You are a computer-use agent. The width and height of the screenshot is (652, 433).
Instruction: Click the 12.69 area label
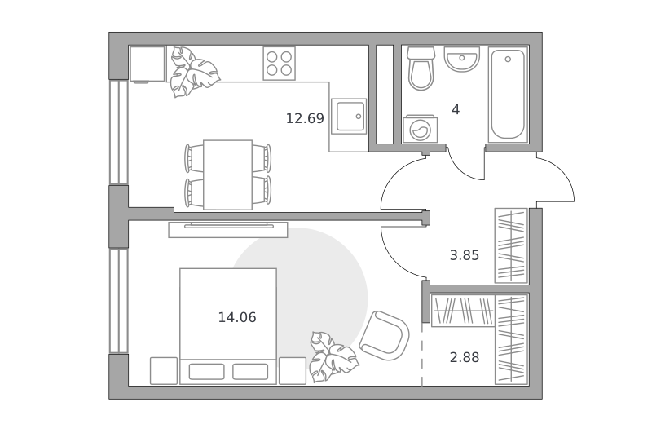(x=305, y=118)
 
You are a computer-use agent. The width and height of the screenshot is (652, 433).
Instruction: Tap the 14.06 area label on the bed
(x=237, y=317)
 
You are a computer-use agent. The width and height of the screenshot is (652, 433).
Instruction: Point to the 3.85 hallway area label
(x=465, y=255)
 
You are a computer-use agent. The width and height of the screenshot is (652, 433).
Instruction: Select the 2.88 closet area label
(x=465, y=357)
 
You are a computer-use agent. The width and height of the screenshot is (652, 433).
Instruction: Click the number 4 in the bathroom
(x=456, y=110)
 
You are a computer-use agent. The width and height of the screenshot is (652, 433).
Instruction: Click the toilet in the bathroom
(x=421, y=68)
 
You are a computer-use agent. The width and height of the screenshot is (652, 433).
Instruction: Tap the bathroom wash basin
(x=461, y=59)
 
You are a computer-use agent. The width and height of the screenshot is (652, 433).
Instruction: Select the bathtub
(x=508, y=95)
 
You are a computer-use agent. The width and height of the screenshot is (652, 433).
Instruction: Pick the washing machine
(x=420, y=130)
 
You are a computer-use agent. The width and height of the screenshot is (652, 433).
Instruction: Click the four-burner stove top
(x=279, y=64)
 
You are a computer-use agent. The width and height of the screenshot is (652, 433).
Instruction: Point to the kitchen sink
(x=349, y=117)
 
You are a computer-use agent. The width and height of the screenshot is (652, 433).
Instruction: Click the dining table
(x=228, y=175)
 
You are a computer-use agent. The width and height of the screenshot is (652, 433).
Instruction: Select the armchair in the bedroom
(x=384, y=335)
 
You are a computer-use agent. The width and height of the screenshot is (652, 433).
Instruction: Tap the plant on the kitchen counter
(x=193, y=72)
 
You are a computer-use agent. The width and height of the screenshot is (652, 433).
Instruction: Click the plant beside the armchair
(x=333, y=357)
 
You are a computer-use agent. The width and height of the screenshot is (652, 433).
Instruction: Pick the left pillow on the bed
(x=207, y=372)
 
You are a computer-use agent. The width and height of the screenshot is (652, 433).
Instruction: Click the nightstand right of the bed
(x=293, y=370)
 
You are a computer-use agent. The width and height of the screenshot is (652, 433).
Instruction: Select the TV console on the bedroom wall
(x=228, y=230)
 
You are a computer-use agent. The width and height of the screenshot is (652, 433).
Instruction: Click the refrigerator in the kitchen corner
(x=148, y=64)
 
